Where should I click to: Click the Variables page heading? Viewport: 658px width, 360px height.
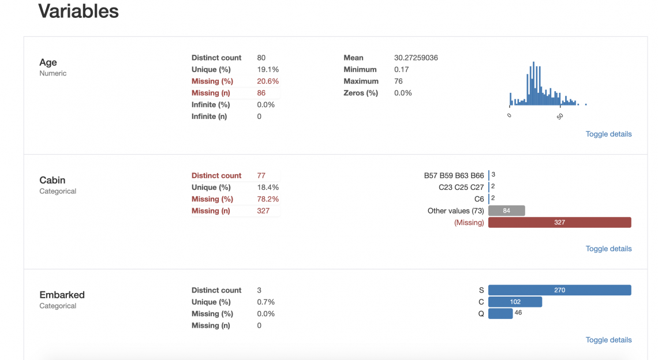78,11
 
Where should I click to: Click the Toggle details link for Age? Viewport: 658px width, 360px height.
608,134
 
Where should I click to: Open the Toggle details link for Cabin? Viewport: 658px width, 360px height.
608,249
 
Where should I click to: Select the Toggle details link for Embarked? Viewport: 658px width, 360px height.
608,340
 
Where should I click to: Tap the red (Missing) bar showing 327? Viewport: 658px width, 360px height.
559,222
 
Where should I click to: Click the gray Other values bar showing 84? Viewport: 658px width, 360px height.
506,211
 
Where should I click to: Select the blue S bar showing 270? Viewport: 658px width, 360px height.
559,290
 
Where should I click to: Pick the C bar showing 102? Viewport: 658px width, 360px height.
515,302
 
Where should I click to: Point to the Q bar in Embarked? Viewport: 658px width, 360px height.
500,313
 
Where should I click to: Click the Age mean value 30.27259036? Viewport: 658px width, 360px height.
416,58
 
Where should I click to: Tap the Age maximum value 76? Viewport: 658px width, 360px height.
398,81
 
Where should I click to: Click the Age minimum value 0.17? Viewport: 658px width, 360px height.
401,69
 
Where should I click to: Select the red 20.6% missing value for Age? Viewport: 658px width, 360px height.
268,81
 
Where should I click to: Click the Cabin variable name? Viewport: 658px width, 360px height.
52,180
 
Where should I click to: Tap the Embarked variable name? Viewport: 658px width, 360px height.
62,295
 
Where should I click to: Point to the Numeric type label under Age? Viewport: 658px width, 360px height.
53,73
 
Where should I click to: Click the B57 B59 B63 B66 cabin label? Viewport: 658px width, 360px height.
454,175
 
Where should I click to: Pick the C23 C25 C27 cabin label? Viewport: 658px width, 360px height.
461,187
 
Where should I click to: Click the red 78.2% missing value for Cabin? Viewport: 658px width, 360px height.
268,199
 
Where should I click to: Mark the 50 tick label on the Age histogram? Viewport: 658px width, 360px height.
560,116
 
